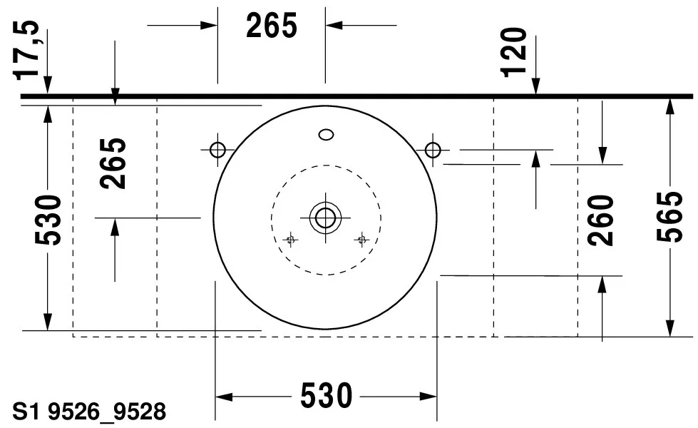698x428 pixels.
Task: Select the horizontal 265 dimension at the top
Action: pyautogui.click(x=271, y=26)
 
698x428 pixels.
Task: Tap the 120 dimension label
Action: pyautogui.click(x=515, y=51)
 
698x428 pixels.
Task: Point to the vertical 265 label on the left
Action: pyautogui.click(x=114, y=163)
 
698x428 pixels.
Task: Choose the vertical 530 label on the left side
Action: pyautogui.click(x=48, y=219)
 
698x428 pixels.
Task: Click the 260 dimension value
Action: pyautogui.click(x=602, y=220)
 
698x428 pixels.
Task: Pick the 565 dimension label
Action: pyautogui.click(x=669, y=216)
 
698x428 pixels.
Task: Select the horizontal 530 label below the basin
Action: pyautogui.click(x=326, y=396)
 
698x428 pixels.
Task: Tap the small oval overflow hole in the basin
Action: pyautogui.click(x=327, y=133)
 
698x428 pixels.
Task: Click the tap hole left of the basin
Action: pyautogui.click(x=217, y=150)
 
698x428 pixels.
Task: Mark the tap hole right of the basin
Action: pyautogui.click(x=432, y=150)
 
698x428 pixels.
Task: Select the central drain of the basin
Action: pyautogui.click(x=325, y=217)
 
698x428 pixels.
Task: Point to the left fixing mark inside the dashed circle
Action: pyautogui.click(x=289, y=240)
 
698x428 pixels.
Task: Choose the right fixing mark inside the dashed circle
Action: pyautogui.click(x=361, y=240)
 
